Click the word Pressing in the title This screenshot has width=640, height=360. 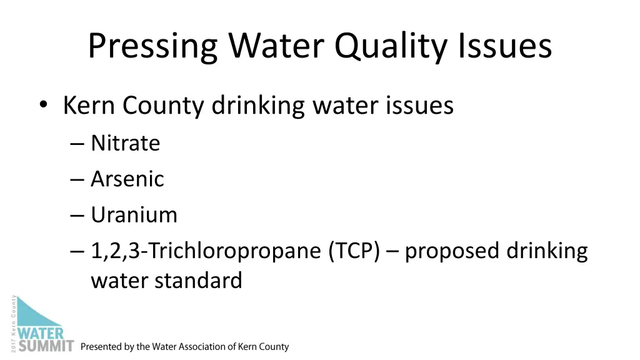152,46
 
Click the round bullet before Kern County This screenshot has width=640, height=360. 42,106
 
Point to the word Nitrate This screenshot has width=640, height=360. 126,143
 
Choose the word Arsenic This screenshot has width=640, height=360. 127,179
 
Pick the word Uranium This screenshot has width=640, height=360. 134,215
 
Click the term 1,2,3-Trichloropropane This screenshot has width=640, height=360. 206,251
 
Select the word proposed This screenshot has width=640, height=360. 452,251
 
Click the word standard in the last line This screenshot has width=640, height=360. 199,280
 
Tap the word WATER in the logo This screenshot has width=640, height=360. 41,332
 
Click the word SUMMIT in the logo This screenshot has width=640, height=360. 46,345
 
